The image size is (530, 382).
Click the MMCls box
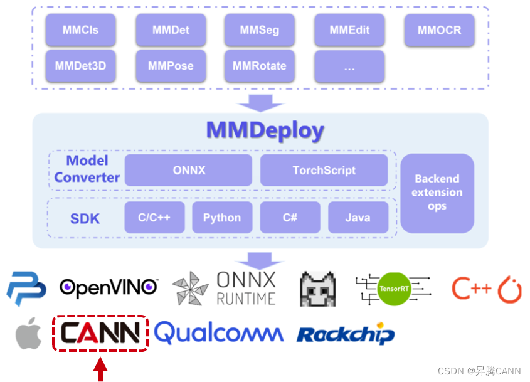[80, 30]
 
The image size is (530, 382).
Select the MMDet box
[171, 30]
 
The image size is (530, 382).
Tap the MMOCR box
[439, 30]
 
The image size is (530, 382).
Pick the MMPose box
[171, 66]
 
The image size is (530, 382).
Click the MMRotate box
[259, 66]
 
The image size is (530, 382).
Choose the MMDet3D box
[80, 66]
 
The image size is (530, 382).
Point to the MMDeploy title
[265, 131]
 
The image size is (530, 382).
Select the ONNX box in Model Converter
[188, 170]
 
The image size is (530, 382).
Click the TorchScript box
[324, 170]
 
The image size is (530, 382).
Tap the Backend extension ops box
[437, 193]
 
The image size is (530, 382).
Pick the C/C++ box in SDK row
[154, 218]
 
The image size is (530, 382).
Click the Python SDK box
[222, 218]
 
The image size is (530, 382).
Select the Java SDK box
[358, 218]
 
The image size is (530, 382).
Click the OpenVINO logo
[109, 287]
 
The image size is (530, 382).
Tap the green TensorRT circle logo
[393, 289]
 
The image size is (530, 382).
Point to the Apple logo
[29, 333]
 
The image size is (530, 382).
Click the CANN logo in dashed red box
[100, 333]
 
